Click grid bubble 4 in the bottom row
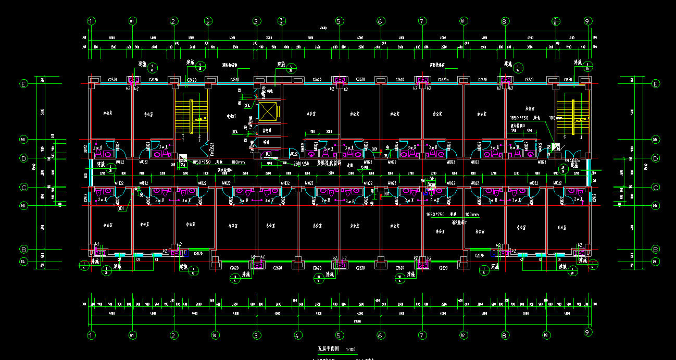pyautogui.click(x=298, y=335)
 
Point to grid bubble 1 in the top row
pyautogui.click(x=92, y=21)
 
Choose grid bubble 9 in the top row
pyautogui.click(x=587, y=21)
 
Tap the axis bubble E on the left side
pyautogui.click(x=23, y=83)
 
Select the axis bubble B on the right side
pyautogui.click(x=656, y=249)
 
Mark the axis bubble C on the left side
pyautogui.click(x=23, y=187)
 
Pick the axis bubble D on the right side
pyautogui.click(x=656, y=158)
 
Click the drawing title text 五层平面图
pyautogui.click(x=328, y=350)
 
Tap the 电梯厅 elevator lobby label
pyautogui.click(x=231, y=116)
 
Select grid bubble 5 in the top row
pyautogui.click(x=339, y=21)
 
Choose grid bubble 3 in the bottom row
pyautogui.click(x=256, y=335)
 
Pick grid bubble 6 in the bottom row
pyautogui.click(x=380, y=335)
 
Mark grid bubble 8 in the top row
pyautogui.click(x=504, y=21)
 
